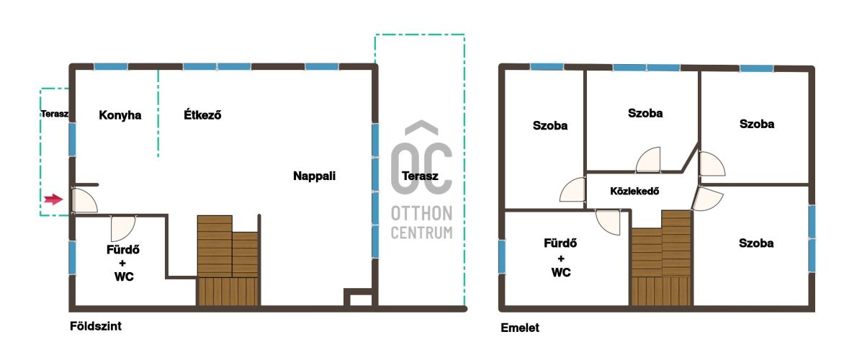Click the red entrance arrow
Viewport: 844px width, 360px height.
point(53,199)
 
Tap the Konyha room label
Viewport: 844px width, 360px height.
point(120,115)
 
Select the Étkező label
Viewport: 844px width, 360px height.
point(203,114)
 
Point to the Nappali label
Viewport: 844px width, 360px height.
point(315,176)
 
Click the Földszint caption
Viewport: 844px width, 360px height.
point(96,326)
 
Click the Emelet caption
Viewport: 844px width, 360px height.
point(520,328)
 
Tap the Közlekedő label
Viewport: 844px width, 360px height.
point(635,191)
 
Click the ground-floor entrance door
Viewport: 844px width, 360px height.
point(84,200)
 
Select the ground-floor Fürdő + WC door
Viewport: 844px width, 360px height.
point(123,228)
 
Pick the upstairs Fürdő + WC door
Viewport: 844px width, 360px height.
point(609,222)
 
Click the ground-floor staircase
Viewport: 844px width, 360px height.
point(228,261)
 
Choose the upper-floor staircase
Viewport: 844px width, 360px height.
point(661,258)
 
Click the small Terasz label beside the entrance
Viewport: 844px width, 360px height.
point(54,114)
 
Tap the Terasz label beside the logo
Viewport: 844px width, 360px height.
point(420,176)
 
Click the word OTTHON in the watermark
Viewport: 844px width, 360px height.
point(421,214)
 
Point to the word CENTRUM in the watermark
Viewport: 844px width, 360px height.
point(421,233)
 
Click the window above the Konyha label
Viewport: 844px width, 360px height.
point(111,67)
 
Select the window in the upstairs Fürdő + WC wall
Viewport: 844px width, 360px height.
point(502,257)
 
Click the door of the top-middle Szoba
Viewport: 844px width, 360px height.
point(648,160)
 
